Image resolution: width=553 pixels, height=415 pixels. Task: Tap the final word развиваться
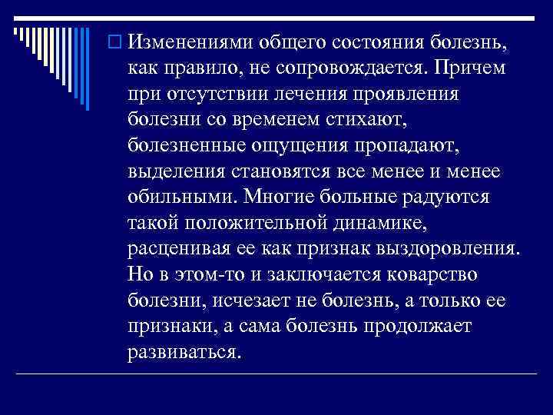[185, 351]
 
